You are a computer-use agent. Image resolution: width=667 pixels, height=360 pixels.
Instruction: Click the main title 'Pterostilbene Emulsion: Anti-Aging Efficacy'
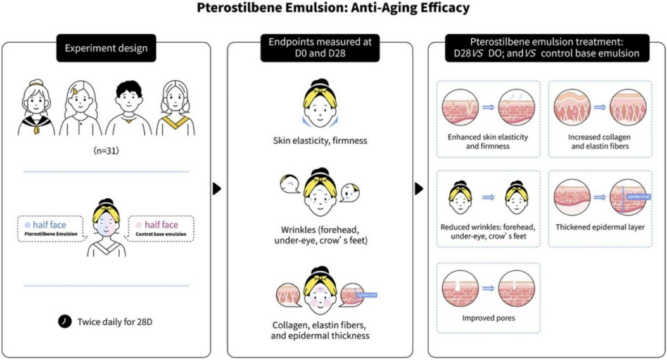point(333,8)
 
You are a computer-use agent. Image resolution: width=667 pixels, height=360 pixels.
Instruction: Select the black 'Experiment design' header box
point(106,48)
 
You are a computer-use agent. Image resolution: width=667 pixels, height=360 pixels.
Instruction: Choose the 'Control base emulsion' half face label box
point(162,229)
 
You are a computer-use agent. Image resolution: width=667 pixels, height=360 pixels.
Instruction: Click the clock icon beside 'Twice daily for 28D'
point(65,321)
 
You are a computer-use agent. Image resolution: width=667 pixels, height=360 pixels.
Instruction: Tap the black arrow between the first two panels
point(217,188)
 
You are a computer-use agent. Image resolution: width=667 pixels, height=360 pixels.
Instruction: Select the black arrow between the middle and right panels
point(419,188)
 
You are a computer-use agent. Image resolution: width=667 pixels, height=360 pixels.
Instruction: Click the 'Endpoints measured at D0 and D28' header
point(319,48)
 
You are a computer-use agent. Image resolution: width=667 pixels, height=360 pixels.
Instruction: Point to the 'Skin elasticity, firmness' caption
point(319,140)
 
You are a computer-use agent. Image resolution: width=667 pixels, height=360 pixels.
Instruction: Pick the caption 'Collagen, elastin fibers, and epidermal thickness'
point(319,330)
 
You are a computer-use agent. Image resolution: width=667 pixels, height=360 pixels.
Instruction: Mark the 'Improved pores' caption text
point(488,318)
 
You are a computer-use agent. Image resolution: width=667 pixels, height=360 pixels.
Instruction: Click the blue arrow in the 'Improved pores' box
point(487,287)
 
